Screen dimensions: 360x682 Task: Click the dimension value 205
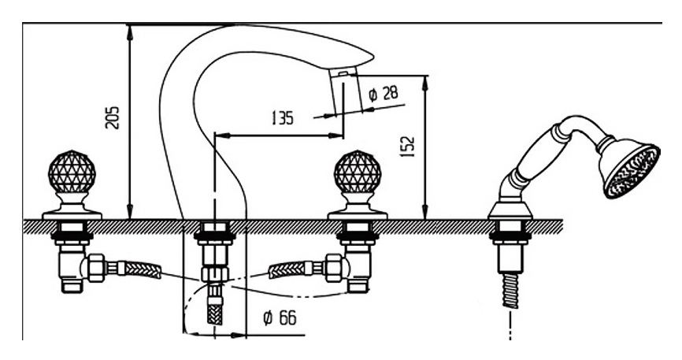[113, 117]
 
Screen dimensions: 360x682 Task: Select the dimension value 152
[406, 145]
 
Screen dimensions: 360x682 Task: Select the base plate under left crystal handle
[72, 210]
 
